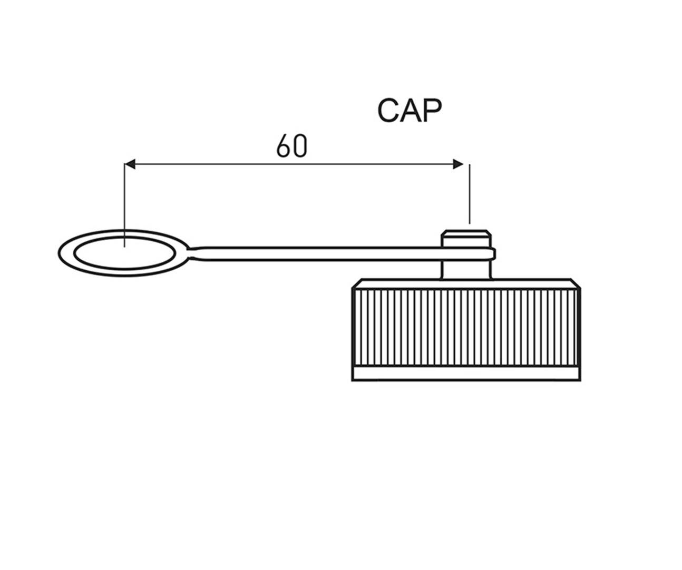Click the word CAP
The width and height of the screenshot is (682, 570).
point(410,111)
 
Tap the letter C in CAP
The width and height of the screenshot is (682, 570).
point(388,111)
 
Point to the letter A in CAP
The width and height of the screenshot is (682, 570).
point(411,111)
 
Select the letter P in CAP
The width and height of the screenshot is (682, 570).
point(432,111)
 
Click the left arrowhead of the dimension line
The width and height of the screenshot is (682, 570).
point(130,164)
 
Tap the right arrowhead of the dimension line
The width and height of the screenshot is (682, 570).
point(459,164)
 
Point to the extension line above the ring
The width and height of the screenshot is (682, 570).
point(124,200)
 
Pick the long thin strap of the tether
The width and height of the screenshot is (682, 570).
point(316,252)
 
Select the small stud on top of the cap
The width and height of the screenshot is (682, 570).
point(466,238)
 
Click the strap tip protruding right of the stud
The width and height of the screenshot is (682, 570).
point(493,254)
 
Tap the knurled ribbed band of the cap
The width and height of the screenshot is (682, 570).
point(466,327)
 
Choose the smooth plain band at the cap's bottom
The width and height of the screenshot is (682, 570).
point(466,374)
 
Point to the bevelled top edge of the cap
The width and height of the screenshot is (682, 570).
point(466,283)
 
